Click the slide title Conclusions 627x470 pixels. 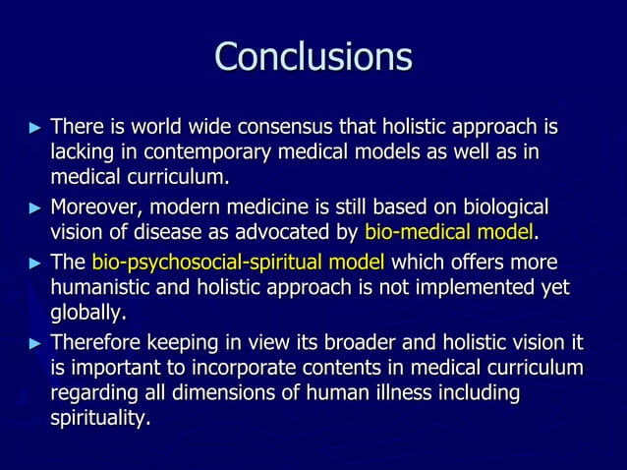coord(313,57)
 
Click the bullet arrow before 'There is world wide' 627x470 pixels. coord(36,129)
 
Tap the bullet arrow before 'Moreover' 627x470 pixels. coord(36,208)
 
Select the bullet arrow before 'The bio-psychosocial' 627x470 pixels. coord(36,264)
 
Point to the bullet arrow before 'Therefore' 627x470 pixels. coord(36,344)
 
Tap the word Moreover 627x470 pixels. coord(94,207)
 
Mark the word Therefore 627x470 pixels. coord(95,343)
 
